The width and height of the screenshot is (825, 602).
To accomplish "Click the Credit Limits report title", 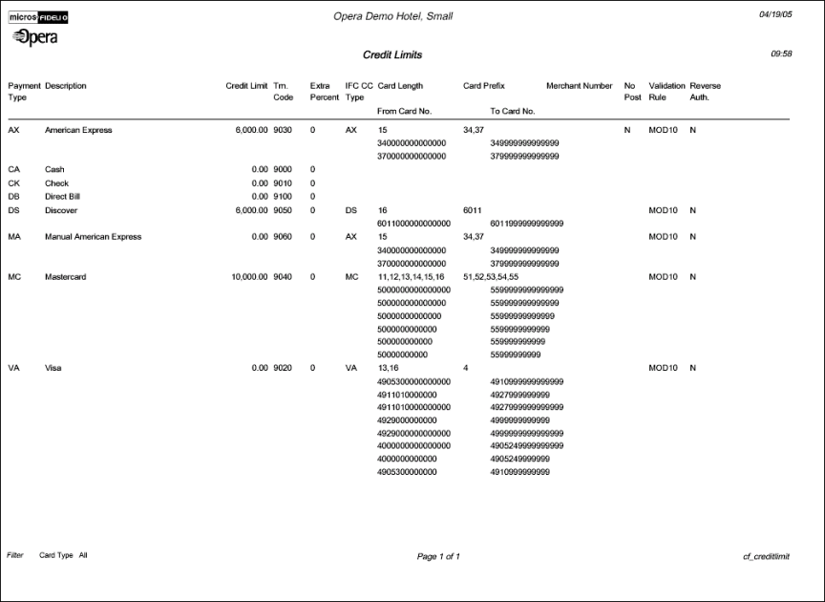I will click(392, 55).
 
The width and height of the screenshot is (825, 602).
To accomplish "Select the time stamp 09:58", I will click(781, 54).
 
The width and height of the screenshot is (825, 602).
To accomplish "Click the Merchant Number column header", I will click(579, 86).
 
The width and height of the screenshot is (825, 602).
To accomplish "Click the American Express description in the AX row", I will click(78, 130).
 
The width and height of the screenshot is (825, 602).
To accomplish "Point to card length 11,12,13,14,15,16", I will click(412, 277).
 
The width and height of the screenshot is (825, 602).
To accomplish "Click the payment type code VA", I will click(13, 368).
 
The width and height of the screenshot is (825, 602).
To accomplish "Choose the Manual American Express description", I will click(93, 237).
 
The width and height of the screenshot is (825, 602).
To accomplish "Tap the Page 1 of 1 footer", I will click(438, 556).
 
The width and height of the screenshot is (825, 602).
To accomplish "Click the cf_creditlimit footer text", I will click(766, 556).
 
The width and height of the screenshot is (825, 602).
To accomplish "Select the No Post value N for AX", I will click(627, 130).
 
